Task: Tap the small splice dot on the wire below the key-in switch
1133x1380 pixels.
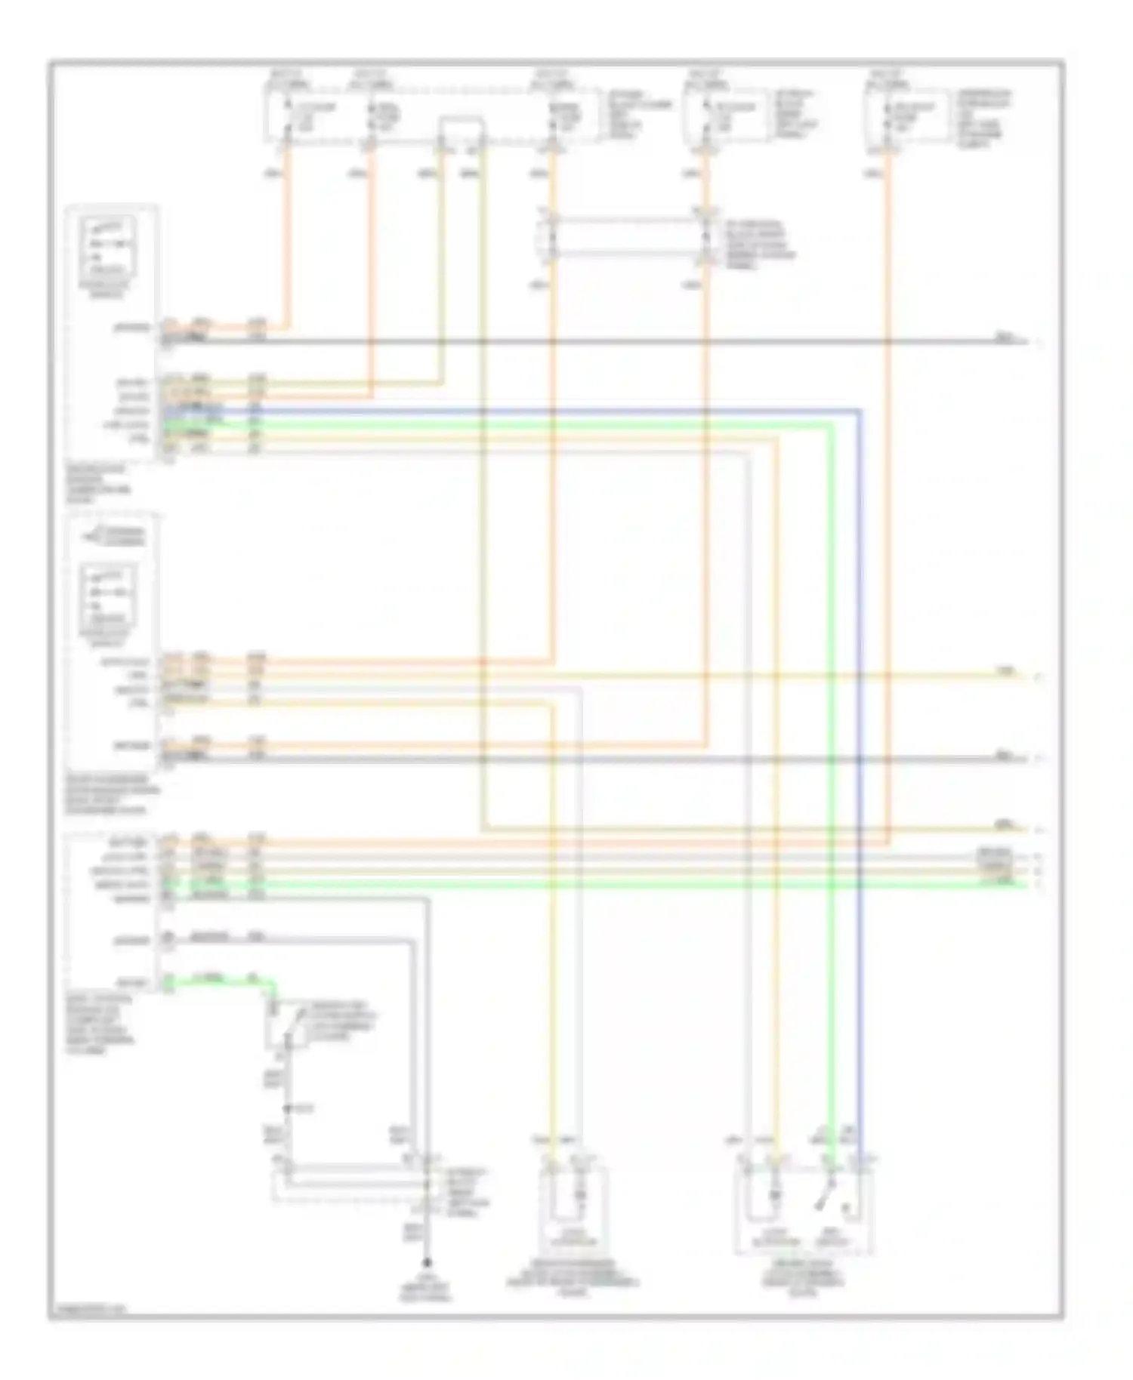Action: pos(288,1109)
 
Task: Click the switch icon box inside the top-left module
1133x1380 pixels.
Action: pos(109,246)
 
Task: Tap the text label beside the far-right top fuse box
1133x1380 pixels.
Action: pos(983,119)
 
